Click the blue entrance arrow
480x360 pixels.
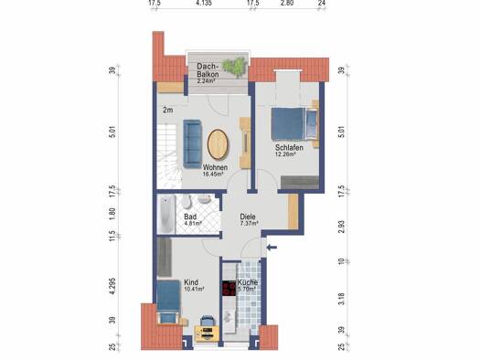[x=272, y=248]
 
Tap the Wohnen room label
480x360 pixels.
[x=215, y=167]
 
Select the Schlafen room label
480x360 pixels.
[x=289, y=147]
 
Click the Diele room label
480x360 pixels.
[x=248, y=217]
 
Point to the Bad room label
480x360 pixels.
[x=190, y=217]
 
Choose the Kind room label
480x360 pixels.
[x=191, y=282]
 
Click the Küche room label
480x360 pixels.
[x=248, y=282]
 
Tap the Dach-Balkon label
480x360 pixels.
[x=208, y=70]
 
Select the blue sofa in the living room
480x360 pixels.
[x=192, y=143]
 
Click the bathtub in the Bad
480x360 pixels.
[x=165, y=214]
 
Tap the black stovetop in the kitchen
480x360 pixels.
[x=229, y=289]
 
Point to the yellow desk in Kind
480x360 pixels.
[x=208, y=334]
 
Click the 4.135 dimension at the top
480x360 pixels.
[x=204, y=4]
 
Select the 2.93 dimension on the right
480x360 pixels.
[x=342, y=227]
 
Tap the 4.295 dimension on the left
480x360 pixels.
[x=112, y=286]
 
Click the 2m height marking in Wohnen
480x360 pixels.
[x=167, y=111]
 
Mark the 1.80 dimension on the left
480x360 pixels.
[x=112, y=214]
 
